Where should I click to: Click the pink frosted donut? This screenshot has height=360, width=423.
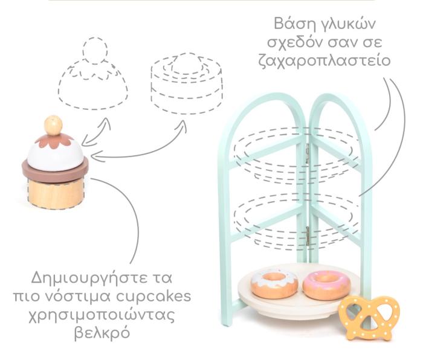[x=326, y=285]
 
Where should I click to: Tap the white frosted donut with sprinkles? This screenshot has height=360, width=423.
[x=274, y=284]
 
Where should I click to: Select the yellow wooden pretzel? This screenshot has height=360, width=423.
[x=369, y=318]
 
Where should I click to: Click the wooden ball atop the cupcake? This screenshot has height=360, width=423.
[x=53, y=126]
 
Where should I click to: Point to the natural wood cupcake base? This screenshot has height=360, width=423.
[x=56, y=193]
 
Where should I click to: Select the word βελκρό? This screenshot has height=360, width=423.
[x=102, y=332]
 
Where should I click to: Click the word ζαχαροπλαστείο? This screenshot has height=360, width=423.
[x=325, y=60]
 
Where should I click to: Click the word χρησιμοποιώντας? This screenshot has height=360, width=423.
[x=101, y=315]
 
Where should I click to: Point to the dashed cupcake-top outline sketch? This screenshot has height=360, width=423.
[x=93, y=73]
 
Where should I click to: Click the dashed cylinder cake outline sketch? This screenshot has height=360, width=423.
[x=187, y=83]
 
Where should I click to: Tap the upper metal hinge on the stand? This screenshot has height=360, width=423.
[x=307, y=153]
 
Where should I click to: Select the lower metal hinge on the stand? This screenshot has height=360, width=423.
[x=308, y=236]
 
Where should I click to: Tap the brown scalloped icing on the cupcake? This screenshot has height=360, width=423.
[x=54, y=141]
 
